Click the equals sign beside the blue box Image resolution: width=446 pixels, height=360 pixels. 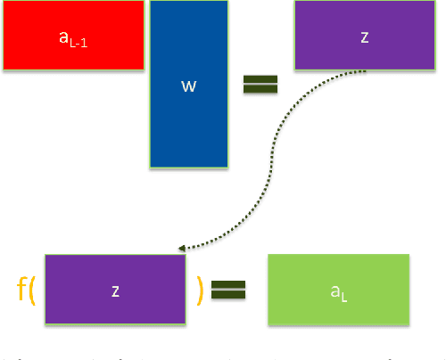[260, 84]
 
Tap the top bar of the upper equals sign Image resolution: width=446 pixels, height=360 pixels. [260, 78]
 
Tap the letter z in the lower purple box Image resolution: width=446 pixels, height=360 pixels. [114, 291]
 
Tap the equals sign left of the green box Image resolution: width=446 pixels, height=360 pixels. [227, 290]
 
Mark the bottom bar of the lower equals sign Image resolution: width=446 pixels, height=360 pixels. [227, 295]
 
